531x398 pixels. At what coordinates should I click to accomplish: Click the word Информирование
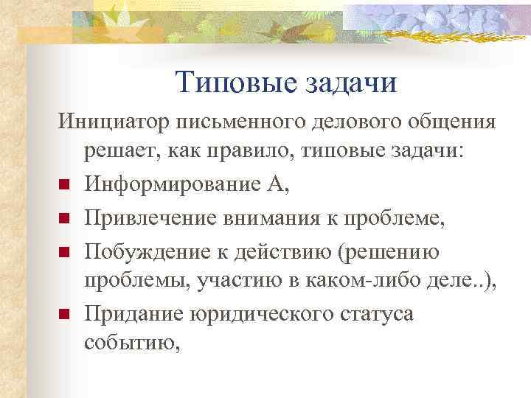pos(170,184)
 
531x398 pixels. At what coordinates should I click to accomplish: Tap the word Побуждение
pos(147,250)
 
